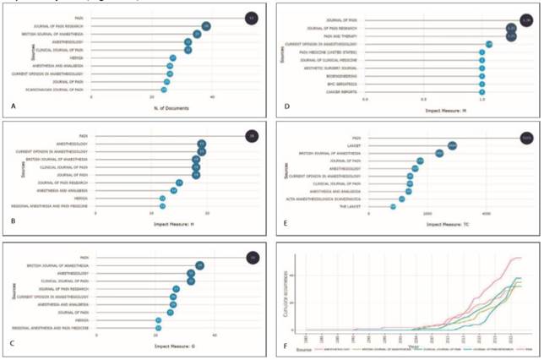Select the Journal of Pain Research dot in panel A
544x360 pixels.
[x=206, y=26]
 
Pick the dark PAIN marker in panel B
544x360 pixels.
[x=251, y=135]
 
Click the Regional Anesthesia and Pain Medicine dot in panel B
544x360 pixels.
[x=162, y=205]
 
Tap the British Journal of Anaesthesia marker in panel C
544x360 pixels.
[x=199, y=265]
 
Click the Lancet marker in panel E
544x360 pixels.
[x=452, y=145]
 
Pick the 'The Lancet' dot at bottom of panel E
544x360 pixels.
[x=393, y=206]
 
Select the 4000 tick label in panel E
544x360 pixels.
[x=486, y=216]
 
